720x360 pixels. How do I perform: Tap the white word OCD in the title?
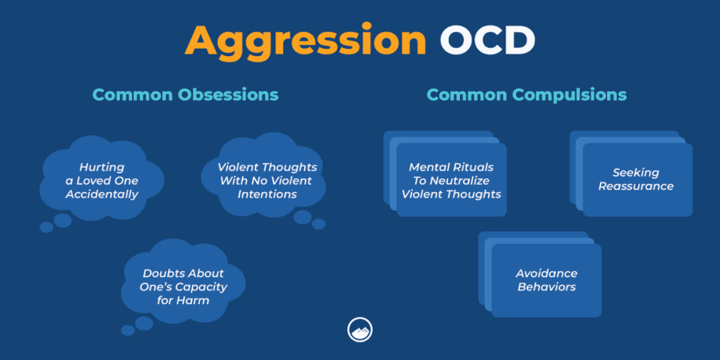pos(487,41)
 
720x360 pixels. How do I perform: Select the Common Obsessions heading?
pos(185,94)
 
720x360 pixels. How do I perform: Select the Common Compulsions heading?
pos(526,94)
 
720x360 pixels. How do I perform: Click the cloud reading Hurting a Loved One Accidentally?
pos(102,180)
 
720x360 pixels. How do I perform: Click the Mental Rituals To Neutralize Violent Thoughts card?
pos(451,180)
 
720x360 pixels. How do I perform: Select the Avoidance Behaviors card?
pos(546,280)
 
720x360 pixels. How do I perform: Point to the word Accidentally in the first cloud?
pos(102,194)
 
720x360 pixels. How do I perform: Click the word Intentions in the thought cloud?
pos(267,194)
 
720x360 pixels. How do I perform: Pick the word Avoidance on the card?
pos(546,273)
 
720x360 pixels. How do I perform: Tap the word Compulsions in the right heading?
pos(571,94)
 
